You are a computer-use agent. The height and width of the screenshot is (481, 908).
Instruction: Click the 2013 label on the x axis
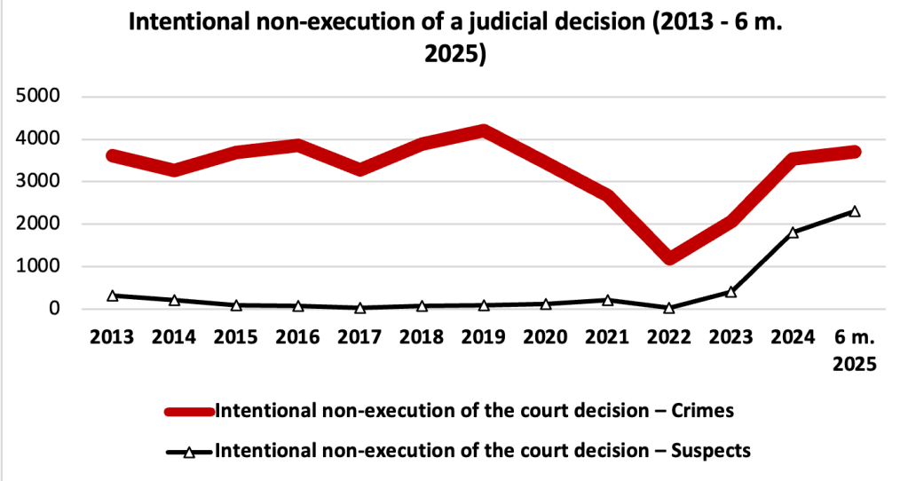[113, 338]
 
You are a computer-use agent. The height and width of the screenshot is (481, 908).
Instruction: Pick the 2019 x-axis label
[483, 338]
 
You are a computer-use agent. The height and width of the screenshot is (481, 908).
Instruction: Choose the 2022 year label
[668, 338]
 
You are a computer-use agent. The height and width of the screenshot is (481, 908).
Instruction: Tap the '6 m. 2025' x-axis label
[854, 350]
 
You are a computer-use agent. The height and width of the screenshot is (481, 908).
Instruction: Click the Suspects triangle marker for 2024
[793, 233]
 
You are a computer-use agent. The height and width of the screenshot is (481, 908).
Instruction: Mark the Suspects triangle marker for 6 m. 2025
[855, 211]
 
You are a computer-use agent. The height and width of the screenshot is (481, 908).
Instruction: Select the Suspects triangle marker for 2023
[730, 291]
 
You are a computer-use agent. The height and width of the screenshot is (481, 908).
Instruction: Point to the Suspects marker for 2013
[113, 296]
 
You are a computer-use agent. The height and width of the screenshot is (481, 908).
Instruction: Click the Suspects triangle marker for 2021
[607, 300]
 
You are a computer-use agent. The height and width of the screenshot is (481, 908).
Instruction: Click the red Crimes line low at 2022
[668, 258]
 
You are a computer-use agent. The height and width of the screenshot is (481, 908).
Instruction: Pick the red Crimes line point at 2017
[359, 169]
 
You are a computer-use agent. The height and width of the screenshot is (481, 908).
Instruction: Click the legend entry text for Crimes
[475, 411]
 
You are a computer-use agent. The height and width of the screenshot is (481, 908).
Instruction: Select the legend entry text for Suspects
[484, 451]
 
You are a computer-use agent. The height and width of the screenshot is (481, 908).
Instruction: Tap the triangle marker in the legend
[189, 452]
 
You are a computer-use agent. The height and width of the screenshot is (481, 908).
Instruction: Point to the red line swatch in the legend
[189, 411]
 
